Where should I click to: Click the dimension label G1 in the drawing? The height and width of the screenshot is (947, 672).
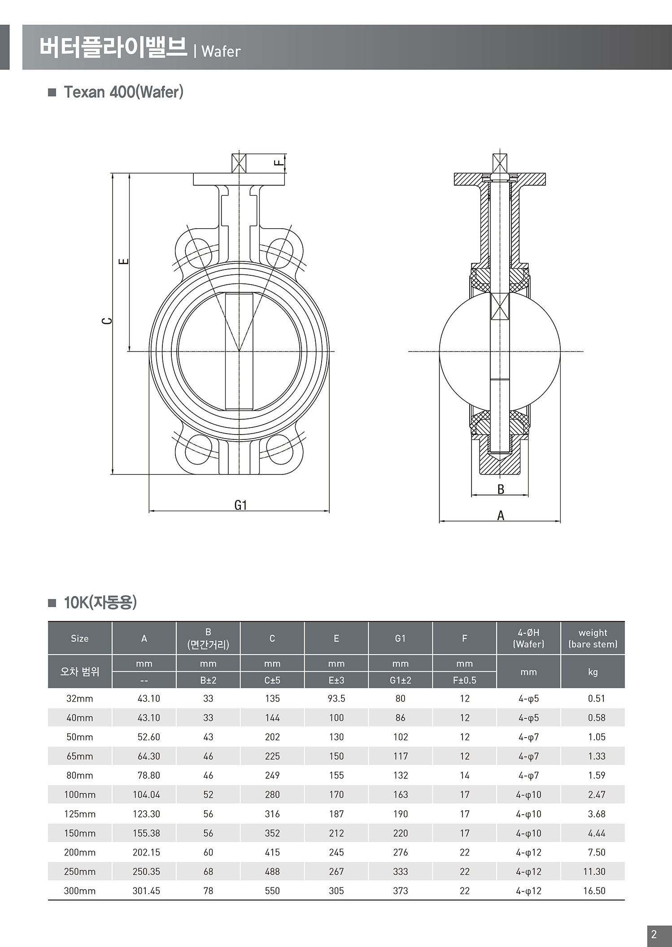(241, 505)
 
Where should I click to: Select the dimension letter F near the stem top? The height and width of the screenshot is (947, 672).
(279, 162)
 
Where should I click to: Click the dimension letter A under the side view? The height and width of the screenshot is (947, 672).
(501, 516)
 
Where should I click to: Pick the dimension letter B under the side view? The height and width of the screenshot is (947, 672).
(501, 490)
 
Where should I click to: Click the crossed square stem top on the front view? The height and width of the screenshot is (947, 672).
(239, 163)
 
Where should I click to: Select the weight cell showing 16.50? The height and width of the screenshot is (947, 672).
(594, 891)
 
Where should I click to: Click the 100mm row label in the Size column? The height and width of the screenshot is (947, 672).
(80, 795)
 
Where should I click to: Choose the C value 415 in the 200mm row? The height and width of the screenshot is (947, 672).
(272, 852)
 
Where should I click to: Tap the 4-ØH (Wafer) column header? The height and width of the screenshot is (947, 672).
(528, 638)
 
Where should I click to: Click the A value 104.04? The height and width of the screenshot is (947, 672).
(146, 795)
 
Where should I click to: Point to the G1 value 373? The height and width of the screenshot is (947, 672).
(400, 891)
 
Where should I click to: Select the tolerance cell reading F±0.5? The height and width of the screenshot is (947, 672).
(464, 680)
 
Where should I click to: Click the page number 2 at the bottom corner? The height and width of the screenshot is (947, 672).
(654, 934)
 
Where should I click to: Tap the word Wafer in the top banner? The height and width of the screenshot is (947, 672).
(221, 52)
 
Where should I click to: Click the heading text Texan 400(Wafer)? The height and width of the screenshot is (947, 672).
(123, 92)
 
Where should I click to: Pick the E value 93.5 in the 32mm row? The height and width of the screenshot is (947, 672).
(336, 698)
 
